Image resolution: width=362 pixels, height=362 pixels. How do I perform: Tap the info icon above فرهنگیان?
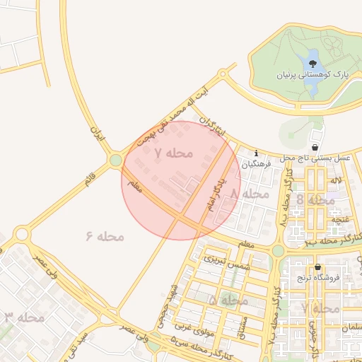[x=256, y=153]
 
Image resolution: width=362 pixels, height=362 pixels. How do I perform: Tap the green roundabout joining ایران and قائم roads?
[x=116, y=160]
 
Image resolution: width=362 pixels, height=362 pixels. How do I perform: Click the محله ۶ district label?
[x=105, y=236]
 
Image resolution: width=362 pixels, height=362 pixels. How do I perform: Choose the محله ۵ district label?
[x=228, y=300]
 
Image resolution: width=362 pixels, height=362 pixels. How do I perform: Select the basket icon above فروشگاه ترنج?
[x=317, y=267]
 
